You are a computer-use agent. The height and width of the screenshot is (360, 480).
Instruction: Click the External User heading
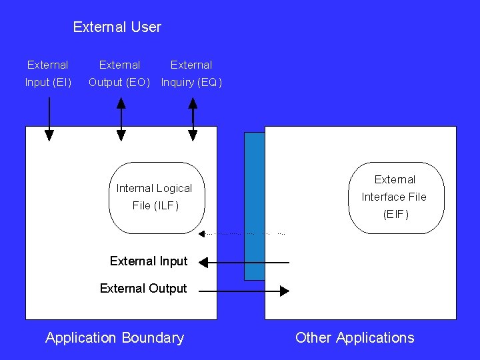117,27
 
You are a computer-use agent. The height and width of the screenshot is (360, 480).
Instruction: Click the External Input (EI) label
48,74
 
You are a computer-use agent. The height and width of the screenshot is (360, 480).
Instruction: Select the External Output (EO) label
120,74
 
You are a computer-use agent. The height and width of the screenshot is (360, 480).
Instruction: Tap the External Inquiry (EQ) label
191,74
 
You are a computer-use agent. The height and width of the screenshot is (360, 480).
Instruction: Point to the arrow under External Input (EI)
49,119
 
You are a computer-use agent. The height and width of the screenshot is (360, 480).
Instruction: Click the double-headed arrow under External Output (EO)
121,119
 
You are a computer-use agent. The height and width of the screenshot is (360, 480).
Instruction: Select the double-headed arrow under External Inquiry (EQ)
193,119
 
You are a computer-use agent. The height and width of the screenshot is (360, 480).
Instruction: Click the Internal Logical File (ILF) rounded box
156,197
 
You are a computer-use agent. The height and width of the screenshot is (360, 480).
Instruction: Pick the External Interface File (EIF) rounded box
396,197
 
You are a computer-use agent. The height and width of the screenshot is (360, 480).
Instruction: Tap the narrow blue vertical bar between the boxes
254,206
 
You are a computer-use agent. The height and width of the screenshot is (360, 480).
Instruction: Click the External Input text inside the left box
149,261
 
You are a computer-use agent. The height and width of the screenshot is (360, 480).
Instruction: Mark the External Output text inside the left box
143,289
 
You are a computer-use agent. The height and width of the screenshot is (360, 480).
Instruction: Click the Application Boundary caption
115,338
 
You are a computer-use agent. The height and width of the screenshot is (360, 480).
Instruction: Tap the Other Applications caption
355,338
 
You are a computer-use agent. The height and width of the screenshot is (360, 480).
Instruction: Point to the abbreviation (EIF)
395,214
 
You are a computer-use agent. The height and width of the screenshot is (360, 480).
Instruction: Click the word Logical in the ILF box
173,189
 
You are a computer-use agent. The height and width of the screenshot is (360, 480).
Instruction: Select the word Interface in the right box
385,197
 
